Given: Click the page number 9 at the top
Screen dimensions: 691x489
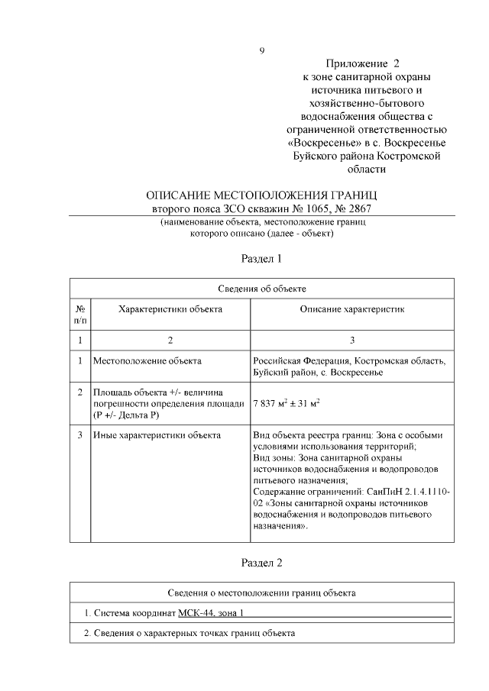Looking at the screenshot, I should [x=261, y=51].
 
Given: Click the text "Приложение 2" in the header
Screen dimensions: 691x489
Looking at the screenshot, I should [x=363, y=64].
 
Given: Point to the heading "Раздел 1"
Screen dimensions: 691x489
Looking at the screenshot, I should [x=261, y=258].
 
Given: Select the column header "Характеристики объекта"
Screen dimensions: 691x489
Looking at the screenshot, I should [x=170, y=309].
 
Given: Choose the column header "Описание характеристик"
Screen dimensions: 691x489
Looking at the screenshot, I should [x=351, y=309].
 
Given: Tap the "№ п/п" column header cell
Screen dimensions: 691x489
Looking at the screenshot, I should [x=80, y=315].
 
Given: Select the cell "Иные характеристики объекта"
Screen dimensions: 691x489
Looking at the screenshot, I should [x=157, y=435].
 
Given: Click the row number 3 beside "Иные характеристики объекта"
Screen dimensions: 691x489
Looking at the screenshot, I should [x=80, y=435].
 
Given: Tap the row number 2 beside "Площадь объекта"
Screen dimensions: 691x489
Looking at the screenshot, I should [x=80, y=392].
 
